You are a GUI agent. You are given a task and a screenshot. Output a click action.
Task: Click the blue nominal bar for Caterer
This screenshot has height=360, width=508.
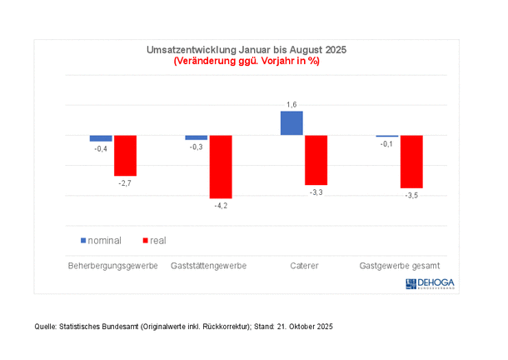click(291, 123)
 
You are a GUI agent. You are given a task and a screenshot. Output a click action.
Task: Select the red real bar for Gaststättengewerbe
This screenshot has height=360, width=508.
click(221, 167)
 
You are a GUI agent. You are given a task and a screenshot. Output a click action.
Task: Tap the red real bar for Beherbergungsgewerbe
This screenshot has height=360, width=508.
click(125, 155)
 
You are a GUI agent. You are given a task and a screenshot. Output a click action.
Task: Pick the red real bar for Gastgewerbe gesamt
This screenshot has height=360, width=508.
click(411, 162)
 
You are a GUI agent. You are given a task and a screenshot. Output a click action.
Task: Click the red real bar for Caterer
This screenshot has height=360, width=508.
click(316, 160)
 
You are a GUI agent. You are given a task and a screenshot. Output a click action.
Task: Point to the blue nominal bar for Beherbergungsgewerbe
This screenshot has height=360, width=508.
click(101, 138)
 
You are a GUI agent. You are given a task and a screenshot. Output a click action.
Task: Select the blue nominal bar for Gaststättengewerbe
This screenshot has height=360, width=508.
click(197, 137)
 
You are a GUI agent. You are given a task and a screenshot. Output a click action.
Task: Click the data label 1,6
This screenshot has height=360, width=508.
click(291, 104)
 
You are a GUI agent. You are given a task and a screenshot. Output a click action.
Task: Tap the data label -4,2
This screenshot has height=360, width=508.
click(221, 205)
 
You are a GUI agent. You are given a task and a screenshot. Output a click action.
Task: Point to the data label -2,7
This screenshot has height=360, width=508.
click(125, 182)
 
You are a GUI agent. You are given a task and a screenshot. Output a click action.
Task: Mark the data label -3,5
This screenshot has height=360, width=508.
click(411, 195)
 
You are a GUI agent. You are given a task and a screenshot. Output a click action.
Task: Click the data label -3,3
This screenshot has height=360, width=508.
click(316, 192)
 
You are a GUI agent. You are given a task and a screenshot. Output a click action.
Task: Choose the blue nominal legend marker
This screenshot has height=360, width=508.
click(83, 241)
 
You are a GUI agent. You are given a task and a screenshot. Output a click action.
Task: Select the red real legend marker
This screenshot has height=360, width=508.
click(146, 241)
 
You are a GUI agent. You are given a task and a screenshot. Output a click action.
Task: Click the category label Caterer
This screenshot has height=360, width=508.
click(304, 267)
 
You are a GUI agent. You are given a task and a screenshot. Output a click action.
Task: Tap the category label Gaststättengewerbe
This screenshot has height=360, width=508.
click(208, 267)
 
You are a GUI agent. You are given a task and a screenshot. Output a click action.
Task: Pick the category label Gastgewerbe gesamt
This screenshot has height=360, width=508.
click(399, 267)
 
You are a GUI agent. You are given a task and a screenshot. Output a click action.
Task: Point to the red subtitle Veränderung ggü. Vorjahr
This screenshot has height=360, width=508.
click(247, 61)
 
